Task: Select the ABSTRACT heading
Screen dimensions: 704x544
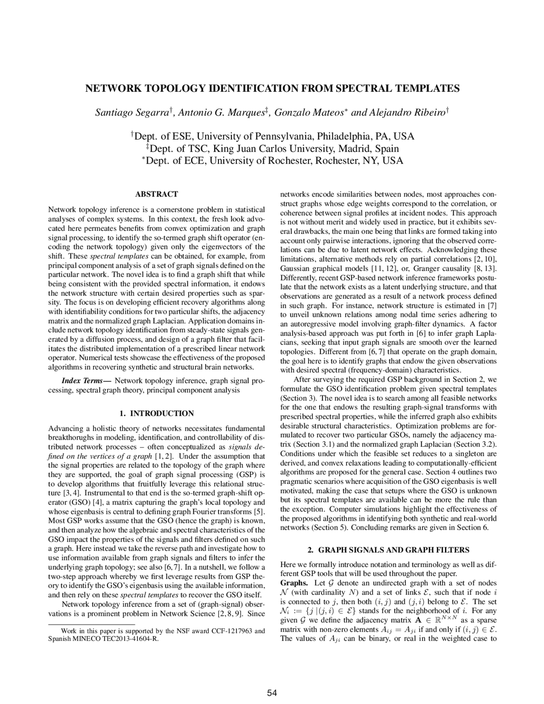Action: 156,194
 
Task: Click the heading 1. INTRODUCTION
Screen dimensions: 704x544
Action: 156,413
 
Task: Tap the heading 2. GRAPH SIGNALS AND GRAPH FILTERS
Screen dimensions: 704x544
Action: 388,550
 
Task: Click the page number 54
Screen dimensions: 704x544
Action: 272,693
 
